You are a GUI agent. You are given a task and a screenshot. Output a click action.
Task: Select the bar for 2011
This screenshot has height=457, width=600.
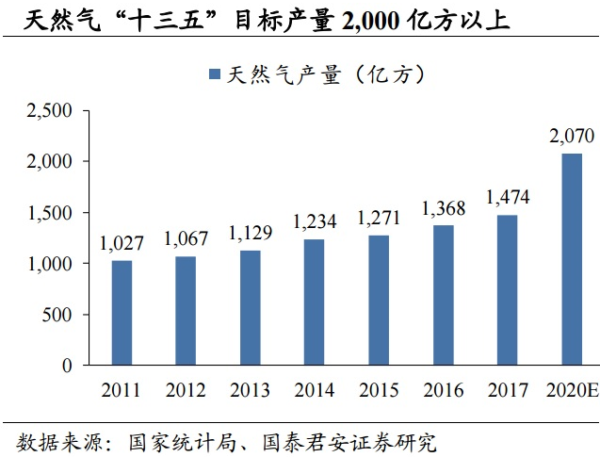(122, 312)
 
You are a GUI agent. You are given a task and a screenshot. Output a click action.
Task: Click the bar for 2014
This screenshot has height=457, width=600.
(314, 302)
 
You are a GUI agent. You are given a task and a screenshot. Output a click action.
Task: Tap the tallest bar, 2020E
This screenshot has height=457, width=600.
(572, 259)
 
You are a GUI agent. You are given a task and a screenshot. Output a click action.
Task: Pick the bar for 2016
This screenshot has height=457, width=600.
(443, 295)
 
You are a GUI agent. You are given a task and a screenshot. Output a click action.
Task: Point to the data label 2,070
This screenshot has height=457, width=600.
(572, 138)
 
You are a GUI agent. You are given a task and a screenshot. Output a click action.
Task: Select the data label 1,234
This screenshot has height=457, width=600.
(315, 223)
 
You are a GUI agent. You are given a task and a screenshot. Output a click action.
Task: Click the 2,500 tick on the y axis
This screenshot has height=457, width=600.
(50, 111)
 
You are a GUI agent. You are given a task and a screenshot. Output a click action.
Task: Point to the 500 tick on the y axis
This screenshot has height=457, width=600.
(58, 315)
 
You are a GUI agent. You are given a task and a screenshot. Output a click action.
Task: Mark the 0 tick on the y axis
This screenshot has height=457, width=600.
(67, 366)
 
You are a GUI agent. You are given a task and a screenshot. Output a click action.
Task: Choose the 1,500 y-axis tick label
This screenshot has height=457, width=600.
(50, 213)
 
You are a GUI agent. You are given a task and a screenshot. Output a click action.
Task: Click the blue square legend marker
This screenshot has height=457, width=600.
(213, 73)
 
